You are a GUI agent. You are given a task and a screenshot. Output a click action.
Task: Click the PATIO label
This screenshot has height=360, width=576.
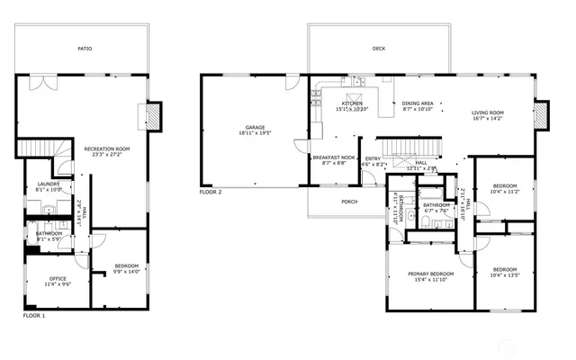[x=85, y=49]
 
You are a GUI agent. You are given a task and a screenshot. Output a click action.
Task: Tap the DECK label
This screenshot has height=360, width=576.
[x=379, y=49]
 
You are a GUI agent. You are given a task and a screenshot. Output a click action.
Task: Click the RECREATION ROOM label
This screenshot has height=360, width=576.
[x=107, y=148]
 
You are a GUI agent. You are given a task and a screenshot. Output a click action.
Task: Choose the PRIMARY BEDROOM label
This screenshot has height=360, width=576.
[x=429, y=274]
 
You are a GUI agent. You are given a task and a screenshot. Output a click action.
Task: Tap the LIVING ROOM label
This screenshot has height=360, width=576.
[x=488, y=112]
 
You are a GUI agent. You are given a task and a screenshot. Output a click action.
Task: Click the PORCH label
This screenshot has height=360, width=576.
[x=349, y=202]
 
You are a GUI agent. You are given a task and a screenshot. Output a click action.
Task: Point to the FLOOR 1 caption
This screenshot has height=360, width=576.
[x=33, y=316]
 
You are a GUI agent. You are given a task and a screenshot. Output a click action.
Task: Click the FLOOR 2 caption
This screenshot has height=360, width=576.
[x=211, y=192]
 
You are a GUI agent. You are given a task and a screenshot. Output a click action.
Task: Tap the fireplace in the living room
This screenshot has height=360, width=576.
[x=539, y=115]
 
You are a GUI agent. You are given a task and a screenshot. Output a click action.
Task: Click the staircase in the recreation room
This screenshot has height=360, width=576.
[x=37, y=148]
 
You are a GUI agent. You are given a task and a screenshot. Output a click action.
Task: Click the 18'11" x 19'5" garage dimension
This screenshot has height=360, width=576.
[x=255, y=133]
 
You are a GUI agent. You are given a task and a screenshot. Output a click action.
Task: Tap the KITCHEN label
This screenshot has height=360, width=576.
[x=352, y=103]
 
